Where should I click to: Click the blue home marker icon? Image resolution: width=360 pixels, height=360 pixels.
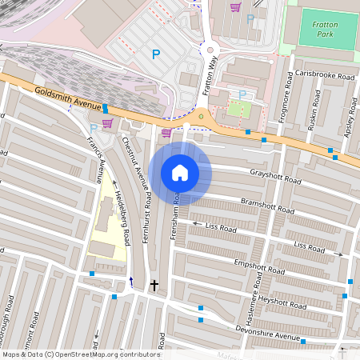tap(180, 173)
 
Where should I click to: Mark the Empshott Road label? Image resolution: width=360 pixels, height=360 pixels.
tap(259, 268)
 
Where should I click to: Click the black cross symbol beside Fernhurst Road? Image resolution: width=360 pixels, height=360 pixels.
tap(154, 285)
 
